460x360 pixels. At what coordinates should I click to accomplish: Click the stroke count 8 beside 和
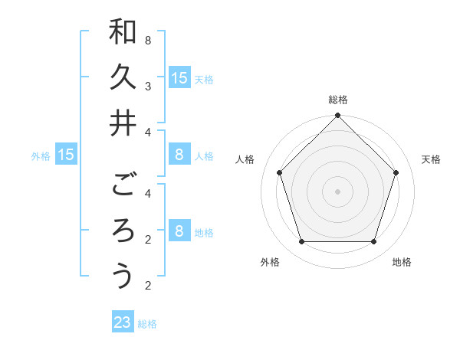point(147,39)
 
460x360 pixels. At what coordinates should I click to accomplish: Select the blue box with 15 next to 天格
point(179,77)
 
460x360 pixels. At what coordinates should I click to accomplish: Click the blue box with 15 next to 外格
point(66,155)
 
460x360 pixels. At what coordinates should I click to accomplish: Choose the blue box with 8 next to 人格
point(179,155)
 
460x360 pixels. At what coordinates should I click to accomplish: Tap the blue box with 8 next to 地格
point(179,231)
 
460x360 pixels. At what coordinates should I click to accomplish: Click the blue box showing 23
point(123,322)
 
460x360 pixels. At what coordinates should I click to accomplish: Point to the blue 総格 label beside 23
point(147,324)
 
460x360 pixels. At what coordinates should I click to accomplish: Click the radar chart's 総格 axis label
point(337,100)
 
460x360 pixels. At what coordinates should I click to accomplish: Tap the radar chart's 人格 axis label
point(245,159)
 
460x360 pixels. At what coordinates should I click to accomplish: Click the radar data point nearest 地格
point(373,241)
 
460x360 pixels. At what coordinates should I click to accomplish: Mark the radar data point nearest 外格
point(301,241)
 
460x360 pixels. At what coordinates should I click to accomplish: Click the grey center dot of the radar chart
point(337,191)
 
